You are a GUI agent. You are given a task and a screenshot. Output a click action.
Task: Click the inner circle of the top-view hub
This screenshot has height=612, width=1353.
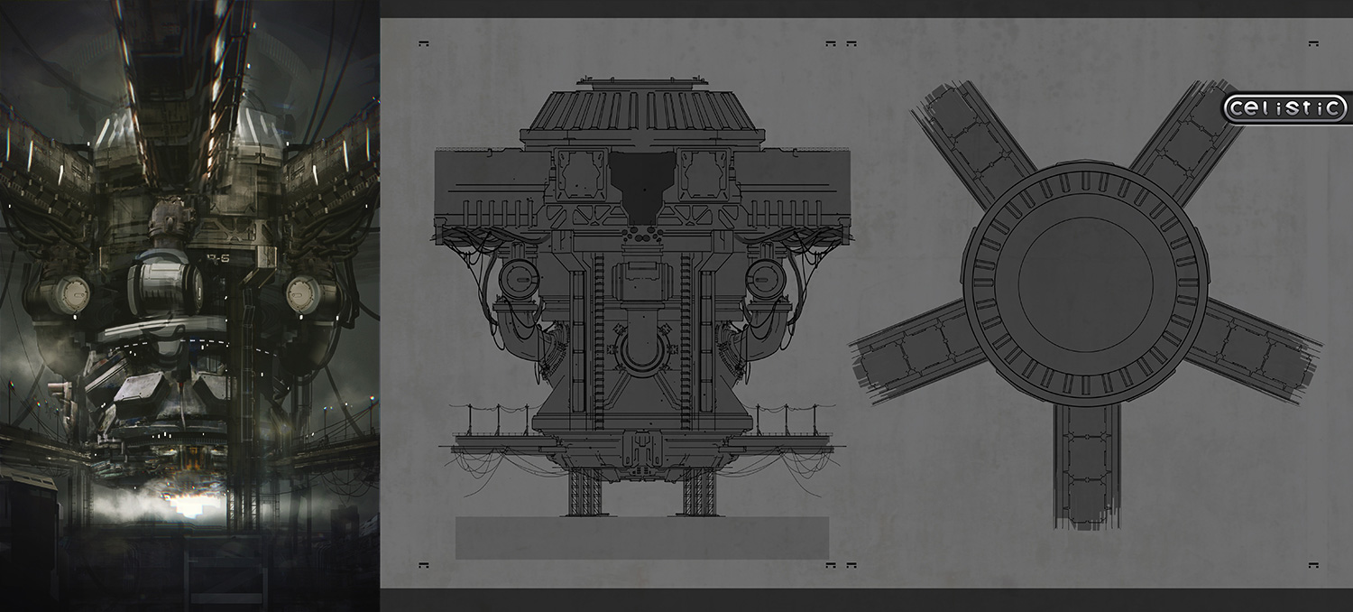click(x=1085, y=283)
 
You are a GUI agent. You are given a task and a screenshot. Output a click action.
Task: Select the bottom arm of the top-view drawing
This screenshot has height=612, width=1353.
click(x=1087, y=465)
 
